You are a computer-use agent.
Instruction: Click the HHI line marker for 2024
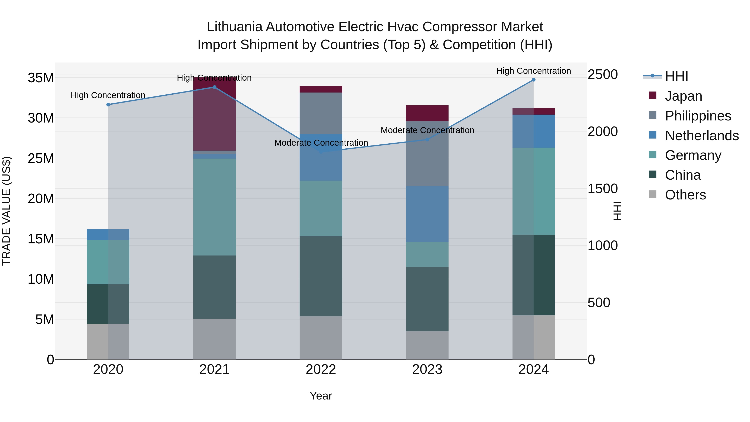[x=533, y=80]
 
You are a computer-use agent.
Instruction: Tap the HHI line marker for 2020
[x=108, y=105]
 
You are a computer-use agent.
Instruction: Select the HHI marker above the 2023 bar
[x=427, y=139]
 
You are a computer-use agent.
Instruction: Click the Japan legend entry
[x=683, y=96]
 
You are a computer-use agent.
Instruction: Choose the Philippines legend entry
[x=697, y=116]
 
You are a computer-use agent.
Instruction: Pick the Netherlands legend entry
[x=701, y=135]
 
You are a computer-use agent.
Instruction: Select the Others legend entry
[x=685, y=195]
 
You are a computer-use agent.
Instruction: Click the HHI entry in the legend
[x=676, y=76]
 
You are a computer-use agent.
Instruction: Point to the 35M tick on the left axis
[x=41, y=78]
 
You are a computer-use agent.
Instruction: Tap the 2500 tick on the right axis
[x=602, y=75]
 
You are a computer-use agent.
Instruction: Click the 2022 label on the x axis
[x=321, y=369]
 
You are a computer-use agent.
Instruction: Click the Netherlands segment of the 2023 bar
[x=427, y=214]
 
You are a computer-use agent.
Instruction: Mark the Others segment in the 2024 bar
[x=533, y=337]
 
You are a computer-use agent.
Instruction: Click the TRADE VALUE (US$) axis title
[x=6, y=211]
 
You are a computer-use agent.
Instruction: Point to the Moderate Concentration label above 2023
[x=427, y=130]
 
